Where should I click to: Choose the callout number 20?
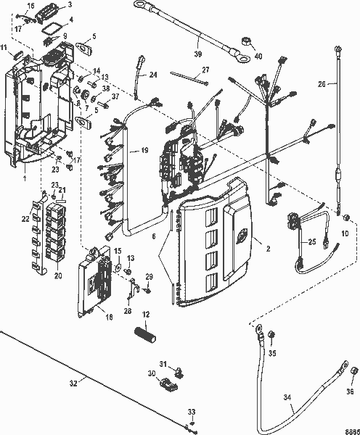point(58,275)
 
